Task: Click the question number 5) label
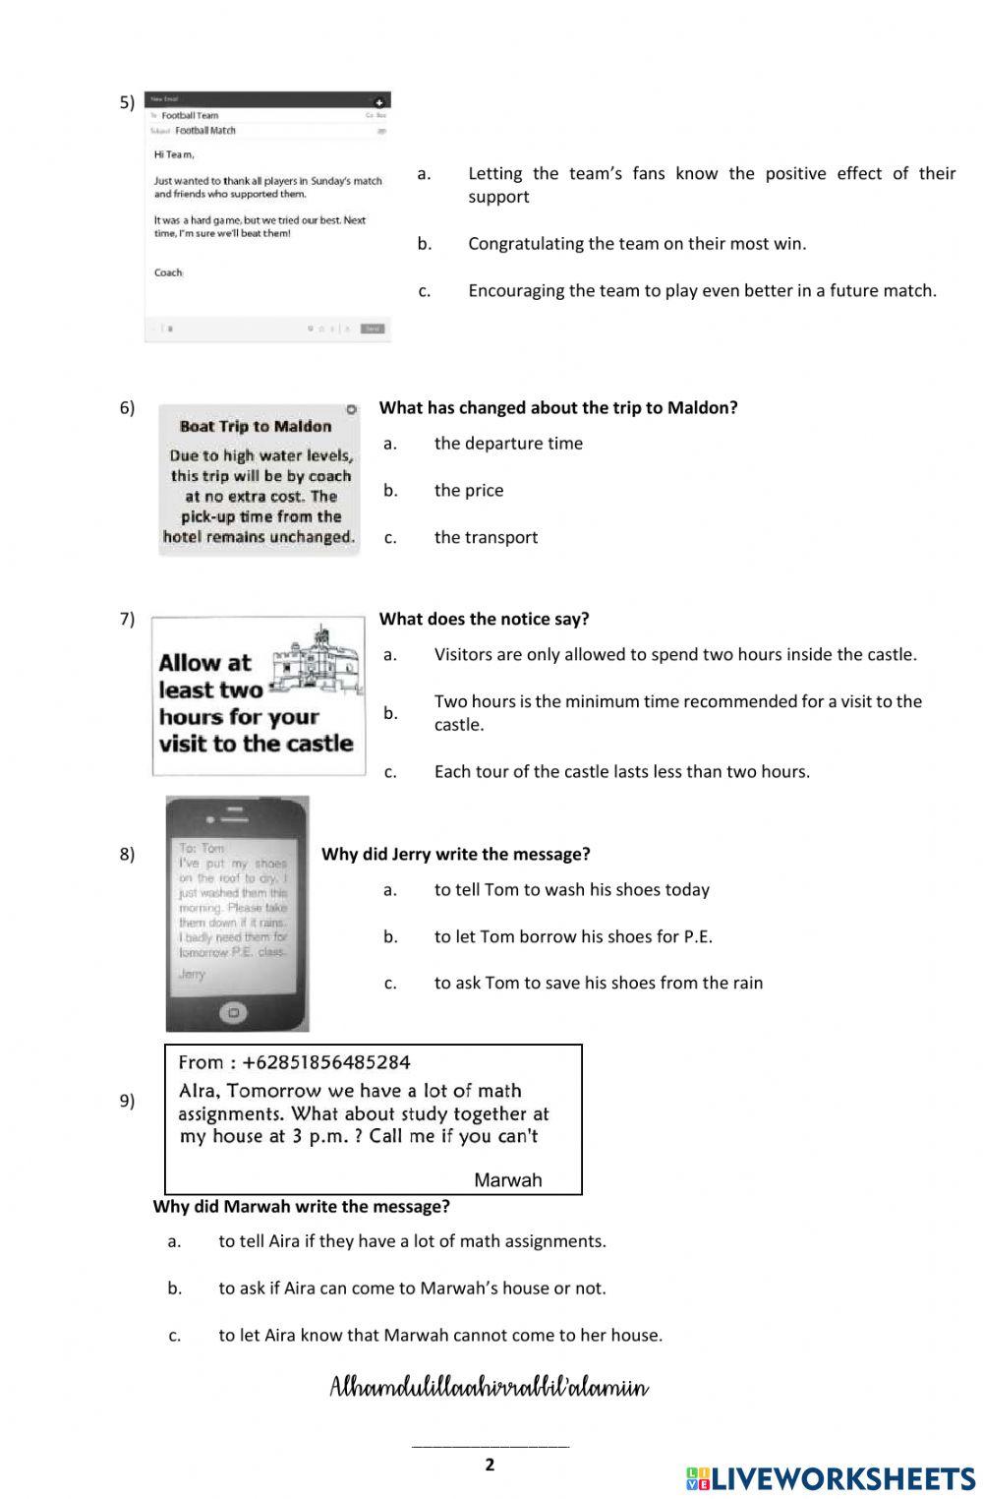(x=127, y=102)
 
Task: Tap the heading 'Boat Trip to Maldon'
(x=256, y=427)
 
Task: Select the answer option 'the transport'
(x=486, y=537)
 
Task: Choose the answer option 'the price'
(x=468, y=490)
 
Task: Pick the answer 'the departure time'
(x=508, y=443)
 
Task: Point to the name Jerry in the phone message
(x=192, y=974)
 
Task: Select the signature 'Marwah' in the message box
(x=507, y=1180)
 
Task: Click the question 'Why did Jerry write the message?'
(x=455, y=854)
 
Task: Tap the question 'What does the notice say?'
(x=484, y=619)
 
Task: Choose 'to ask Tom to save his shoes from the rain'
(x=598, y=983)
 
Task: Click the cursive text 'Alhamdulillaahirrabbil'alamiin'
(x=489, y=1388)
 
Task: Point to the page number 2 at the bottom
(x=490, y=1465)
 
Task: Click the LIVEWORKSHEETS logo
(x=830, y=1477)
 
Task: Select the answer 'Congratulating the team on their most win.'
(x=636, y=243)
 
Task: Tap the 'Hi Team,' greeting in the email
(x=174, y=154)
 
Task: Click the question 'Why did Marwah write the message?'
(x=301, y=1206)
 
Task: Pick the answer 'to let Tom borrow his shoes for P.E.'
(x=573, y=936)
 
